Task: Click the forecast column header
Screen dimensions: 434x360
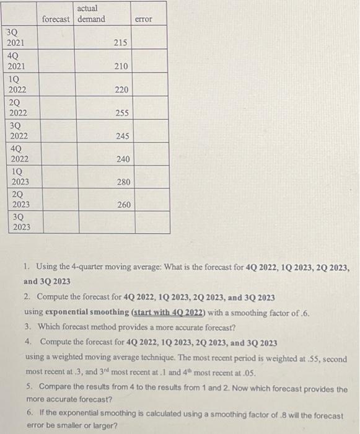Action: (56, 19)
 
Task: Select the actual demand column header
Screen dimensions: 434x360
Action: (90, 14)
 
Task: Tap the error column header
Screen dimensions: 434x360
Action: (143, 19)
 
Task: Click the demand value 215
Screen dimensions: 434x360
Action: (121, 43)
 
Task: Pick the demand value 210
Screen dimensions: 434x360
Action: (121, 66)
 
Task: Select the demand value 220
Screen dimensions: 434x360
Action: (121, 90)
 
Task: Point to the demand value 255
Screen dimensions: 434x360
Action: (121, 113)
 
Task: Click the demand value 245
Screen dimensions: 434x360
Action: (121, 136)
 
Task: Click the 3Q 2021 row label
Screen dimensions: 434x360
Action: (15, 37)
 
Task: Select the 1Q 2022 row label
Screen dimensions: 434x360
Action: (15, 84)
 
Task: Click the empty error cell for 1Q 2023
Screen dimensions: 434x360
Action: (151, 177)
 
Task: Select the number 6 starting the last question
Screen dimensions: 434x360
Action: (30, 412)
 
